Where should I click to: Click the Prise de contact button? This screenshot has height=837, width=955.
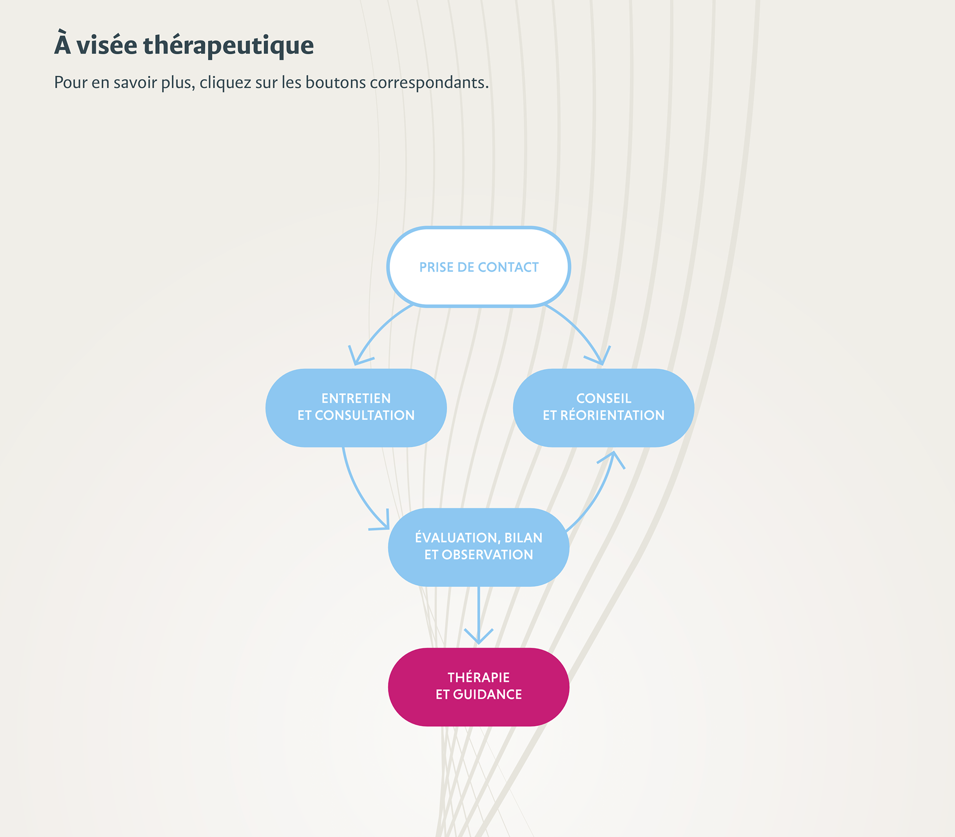tap(478, 267)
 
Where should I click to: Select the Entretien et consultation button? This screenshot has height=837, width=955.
tap(356, 408)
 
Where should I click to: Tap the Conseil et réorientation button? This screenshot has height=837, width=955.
tap(603, 408)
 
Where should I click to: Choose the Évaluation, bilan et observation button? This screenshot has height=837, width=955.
tap(478, 547)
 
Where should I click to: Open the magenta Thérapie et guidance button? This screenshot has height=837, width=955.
tap(478, 687)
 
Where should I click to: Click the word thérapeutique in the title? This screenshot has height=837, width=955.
tap(228, 45)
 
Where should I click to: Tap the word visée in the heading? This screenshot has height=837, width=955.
tap(106, 45)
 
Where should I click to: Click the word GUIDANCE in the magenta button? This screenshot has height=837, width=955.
tap(487, 695)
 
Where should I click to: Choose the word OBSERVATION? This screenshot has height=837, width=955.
tap(487, 555)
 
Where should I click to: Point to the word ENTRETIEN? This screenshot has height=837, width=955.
tap(356, 399)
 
